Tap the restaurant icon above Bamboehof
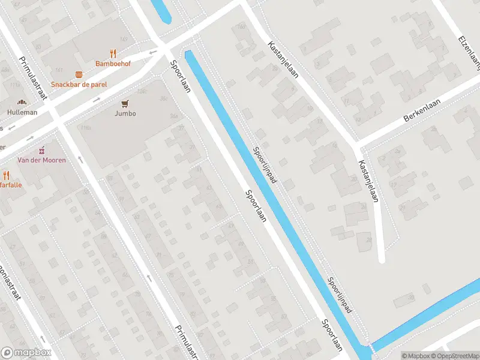pyautogui.click(x=113, y=53)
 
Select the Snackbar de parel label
pyautogui.click(x=79, y=85)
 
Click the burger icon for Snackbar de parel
pyautogui.click(x=79, y=74)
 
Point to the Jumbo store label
pyautogui.click(x=126, y=113)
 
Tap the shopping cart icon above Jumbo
pyautogui.click(x=126, y=103)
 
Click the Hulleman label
pyautogui.click(x=22, y=112)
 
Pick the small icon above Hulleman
pyautogui.click(x=22, y=103)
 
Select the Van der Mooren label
pyautogui.click(x=41, y=160)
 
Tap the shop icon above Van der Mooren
pyautogui.click(x=41, y=149)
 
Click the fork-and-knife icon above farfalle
pyautogui.click(x=6, y=175)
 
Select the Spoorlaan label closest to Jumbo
pyautogui.click(x=180, y=76)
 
